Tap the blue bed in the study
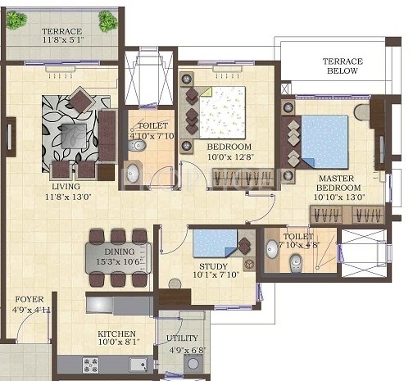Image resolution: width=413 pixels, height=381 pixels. tap(215, 243)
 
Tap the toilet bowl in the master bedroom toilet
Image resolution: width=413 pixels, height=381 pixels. tap(297, 261)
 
